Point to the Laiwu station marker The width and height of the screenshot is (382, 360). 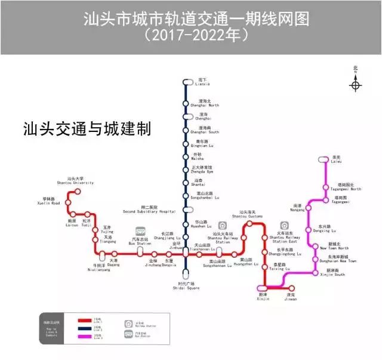pyautogui.click(x=324, y=159)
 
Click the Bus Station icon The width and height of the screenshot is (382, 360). pyautogui.click(x=141, y=231)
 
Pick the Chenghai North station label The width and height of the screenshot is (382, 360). pyautogui.click(x=208, y=103)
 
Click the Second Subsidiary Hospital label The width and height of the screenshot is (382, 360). pyautogui.click(x=149, y=209)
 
